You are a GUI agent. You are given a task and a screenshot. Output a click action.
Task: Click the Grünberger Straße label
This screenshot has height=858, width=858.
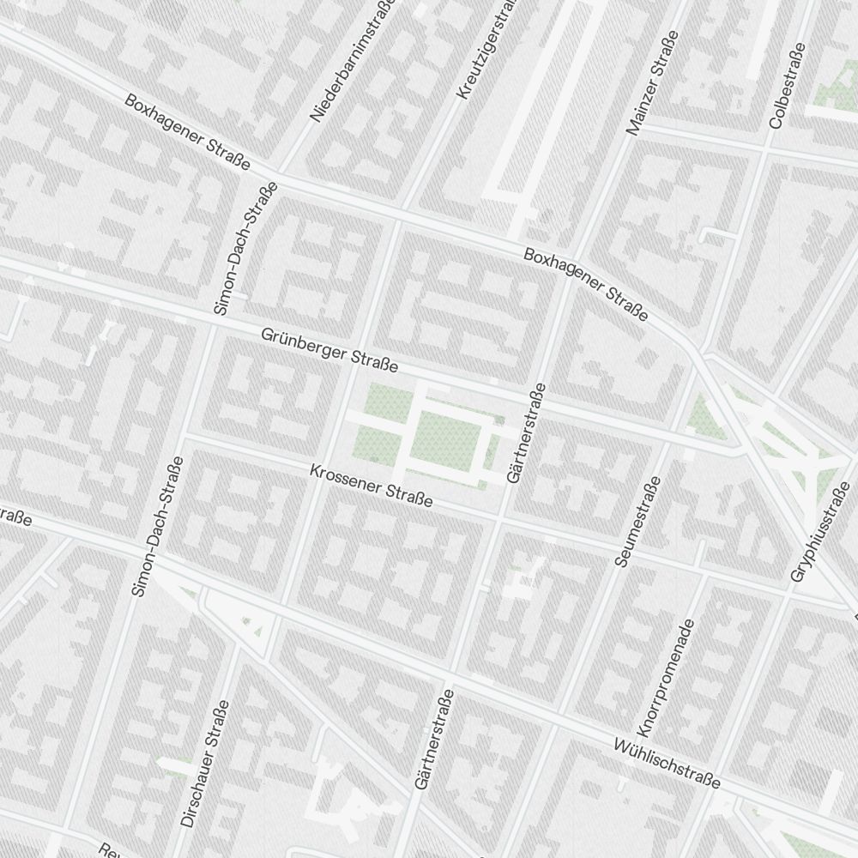pyautogui.click(x=330, y=349)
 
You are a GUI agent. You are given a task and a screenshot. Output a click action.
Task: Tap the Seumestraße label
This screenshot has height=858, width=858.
pyautogui.click(x=636, y=522)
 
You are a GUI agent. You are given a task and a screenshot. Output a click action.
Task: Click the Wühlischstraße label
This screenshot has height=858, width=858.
pyautogui.click(x=667, y=763)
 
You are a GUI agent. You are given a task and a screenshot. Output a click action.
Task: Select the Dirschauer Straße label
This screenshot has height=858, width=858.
pyautogui.click(x=205, y=764)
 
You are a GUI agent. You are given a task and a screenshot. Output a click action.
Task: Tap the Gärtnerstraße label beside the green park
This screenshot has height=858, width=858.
pyautogui.click(x=526, y=432)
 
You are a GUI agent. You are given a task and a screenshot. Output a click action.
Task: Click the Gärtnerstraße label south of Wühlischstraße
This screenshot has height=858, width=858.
pyautogui.click(x=433, y=738)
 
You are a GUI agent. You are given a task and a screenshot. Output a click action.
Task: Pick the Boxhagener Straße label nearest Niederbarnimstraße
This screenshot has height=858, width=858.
pyautogui.click(x=187, y=132)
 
